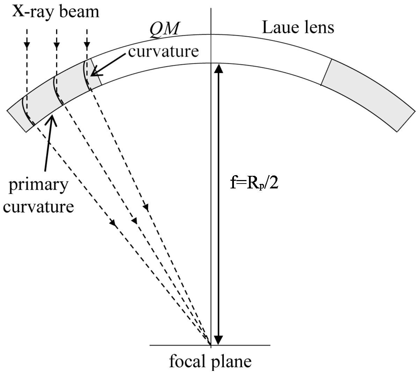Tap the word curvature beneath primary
tap(38, 207)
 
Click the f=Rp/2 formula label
tap(254, 182)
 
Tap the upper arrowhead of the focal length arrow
tap(218, 69)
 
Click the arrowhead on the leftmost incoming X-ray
tap(27, 45)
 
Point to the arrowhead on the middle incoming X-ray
tap(57, 45)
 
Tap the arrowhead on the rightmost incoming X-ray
tap(87, 45)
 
